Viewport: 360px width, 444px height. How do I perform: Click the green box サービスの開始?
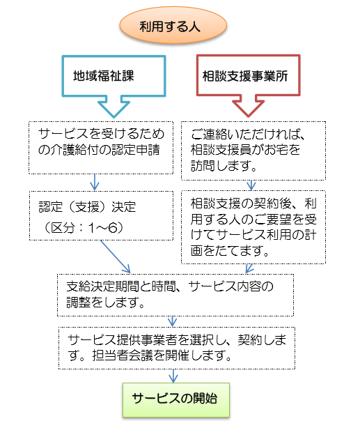coord(175,399)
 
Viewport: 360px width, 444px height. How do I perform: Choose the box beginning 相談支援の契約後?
coord(253,227)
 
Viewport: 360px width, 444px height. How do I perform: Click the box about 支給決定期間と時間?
coord(175,294)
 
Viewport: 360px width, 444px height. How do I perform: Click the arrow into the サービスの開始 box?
coord(175,374)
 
